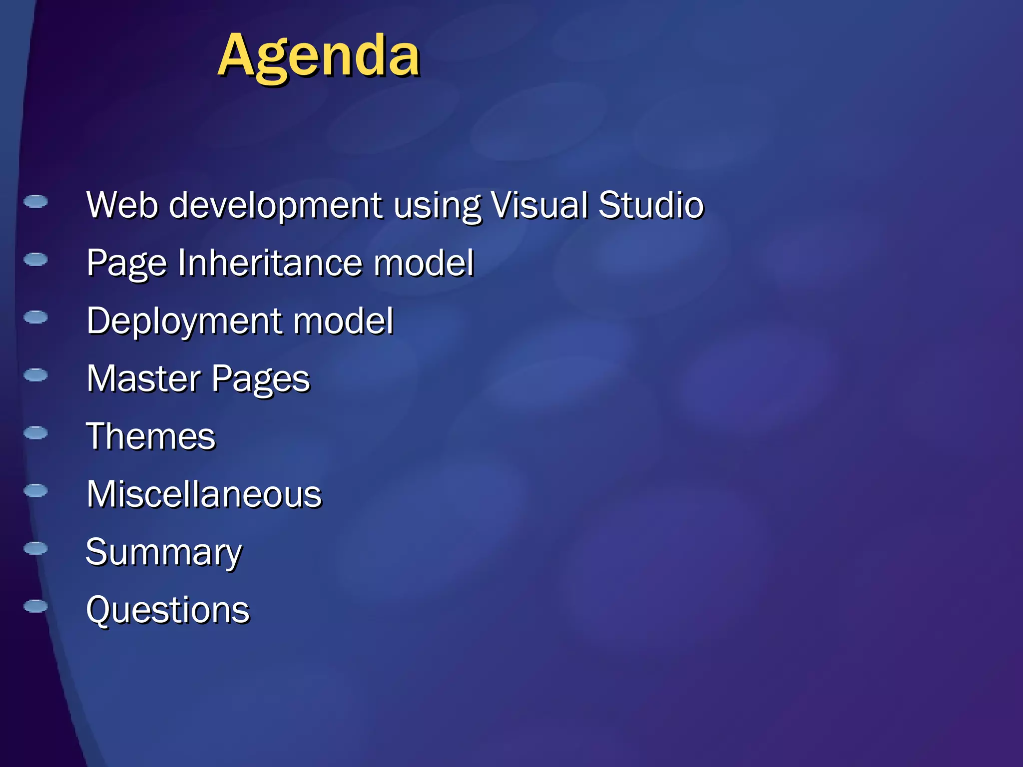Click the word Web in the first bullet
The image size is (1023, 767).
coord(122,205)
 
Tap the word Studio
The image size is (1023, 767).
coord(651,205)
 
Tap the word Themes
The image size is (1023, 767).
coord(151,436)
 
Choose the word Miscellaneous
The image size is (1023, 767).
coord(204,494)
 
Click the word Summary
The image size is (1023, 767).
coord(164,553)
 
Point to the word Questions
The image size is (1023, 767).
coord(168,610)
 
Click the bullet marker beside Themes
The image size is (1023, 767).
coord(35,432)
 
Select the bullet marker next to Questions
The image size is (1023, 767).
coord(35,606)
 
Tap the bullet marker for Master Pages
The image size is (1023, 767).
coord(35,375)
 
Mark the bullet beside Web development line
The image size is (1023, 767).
coord(35,201)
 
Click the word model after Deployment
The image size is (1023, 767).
coord(343,321)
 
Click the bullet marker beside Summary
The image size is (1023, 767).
coord(35,548)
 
